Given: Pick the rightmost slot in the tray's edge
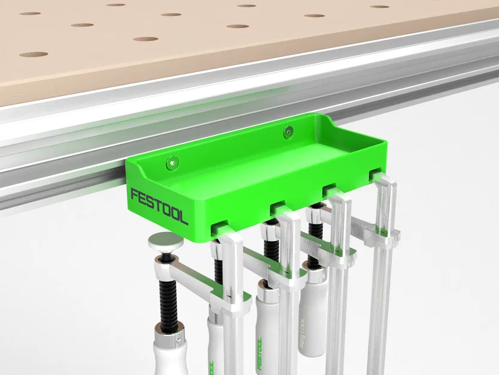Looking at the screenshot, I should pyautogui.click(x=375, y=174).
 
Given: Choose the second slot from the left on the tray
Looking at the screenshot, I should pyautogui.click(x=277, y=208).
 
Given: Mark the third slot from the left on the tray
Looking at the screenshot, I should pyautogui.click(x=329, y=190).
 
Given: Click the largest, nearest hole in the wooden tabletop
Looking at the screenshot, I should pyautogui.click(x=34, y=55).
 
